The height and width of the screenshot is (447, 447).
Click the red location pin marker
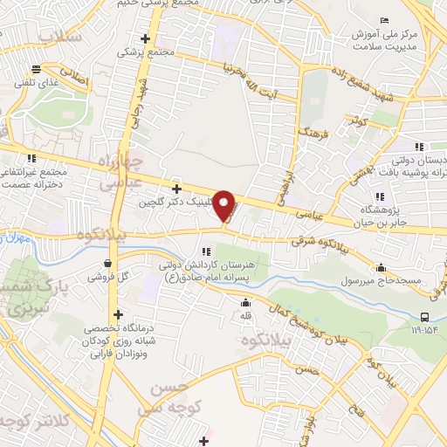click(x=224, y=206)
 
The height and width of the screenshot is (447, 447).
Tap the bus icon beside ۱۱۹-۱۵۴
click(x=424, y=317)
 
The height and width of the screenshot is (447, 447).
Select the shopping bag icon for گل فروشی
click(x=107, y=263)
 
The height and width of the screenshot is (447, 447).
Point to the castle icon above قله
click(x=246, y=303)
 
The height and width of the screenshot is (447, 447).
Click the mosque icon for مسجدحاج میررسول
click(x=381, y=267)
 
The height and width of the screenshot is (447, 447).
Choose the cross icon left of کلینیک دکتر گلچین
click(x=176, y=188)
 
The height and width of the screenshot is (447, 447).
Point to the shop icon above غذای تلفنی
click(x=36, y=69)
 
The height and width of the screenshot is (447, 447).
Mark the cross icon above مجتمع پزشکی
click(x=146, y=38)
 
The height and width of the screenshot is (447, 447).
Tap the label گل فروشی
click(x=107, y=277)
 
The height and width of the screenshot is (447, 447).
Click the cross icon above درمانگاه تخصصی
click(x=118, y=313)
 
